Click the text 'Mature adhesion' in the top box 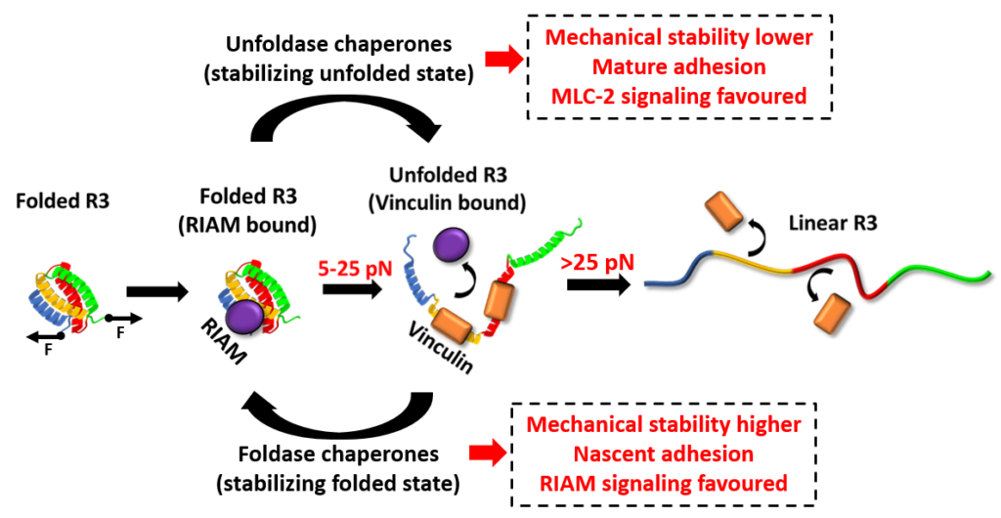click(678, 67)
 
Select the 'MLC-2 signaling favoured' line click(677, 96)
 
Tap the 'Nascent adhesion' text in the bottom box click(663, 454)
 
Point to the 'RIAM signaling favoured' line click(663, 483)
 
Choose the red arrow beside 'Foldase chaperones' click(486, 452)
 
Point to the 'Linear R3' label click(831, 222)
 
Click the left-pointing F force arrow click(43, 336)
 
